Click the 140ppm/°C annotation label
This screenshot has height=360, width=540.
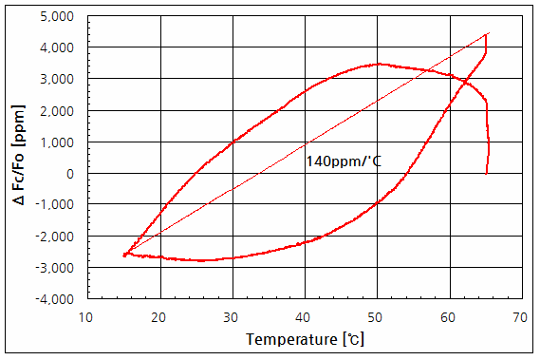(343, 161)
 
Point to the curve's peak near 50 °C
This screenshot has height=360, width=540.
(379, 64)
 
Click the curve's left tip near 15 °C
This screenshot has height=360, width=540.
(124, 255)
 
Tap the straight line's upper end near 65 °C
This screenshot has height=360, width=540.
(487, 34)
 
